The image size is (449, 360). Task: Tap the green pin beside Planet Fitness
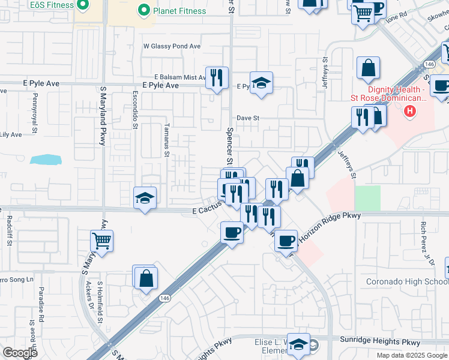143,10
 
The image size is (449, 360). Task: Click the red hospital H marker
410,110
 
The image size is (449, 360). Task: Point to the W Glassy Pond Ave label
171,46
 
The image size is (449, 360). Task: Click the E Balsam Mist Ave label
179,77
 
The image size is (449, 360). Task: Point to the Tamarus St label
167,140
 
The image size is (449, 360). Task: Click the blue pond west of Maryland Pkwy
46,160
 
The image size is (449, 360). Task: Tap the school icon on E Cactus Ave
145,198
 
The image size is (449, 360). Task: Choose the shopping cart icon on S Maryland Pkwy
102,241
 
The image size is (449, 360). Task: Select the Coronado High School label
407,282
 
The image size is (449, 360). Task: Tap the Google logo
20,353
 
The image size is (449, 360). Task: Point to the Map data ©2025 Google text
411,355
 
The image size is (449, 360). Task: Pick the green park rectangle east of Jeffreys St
367,198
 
